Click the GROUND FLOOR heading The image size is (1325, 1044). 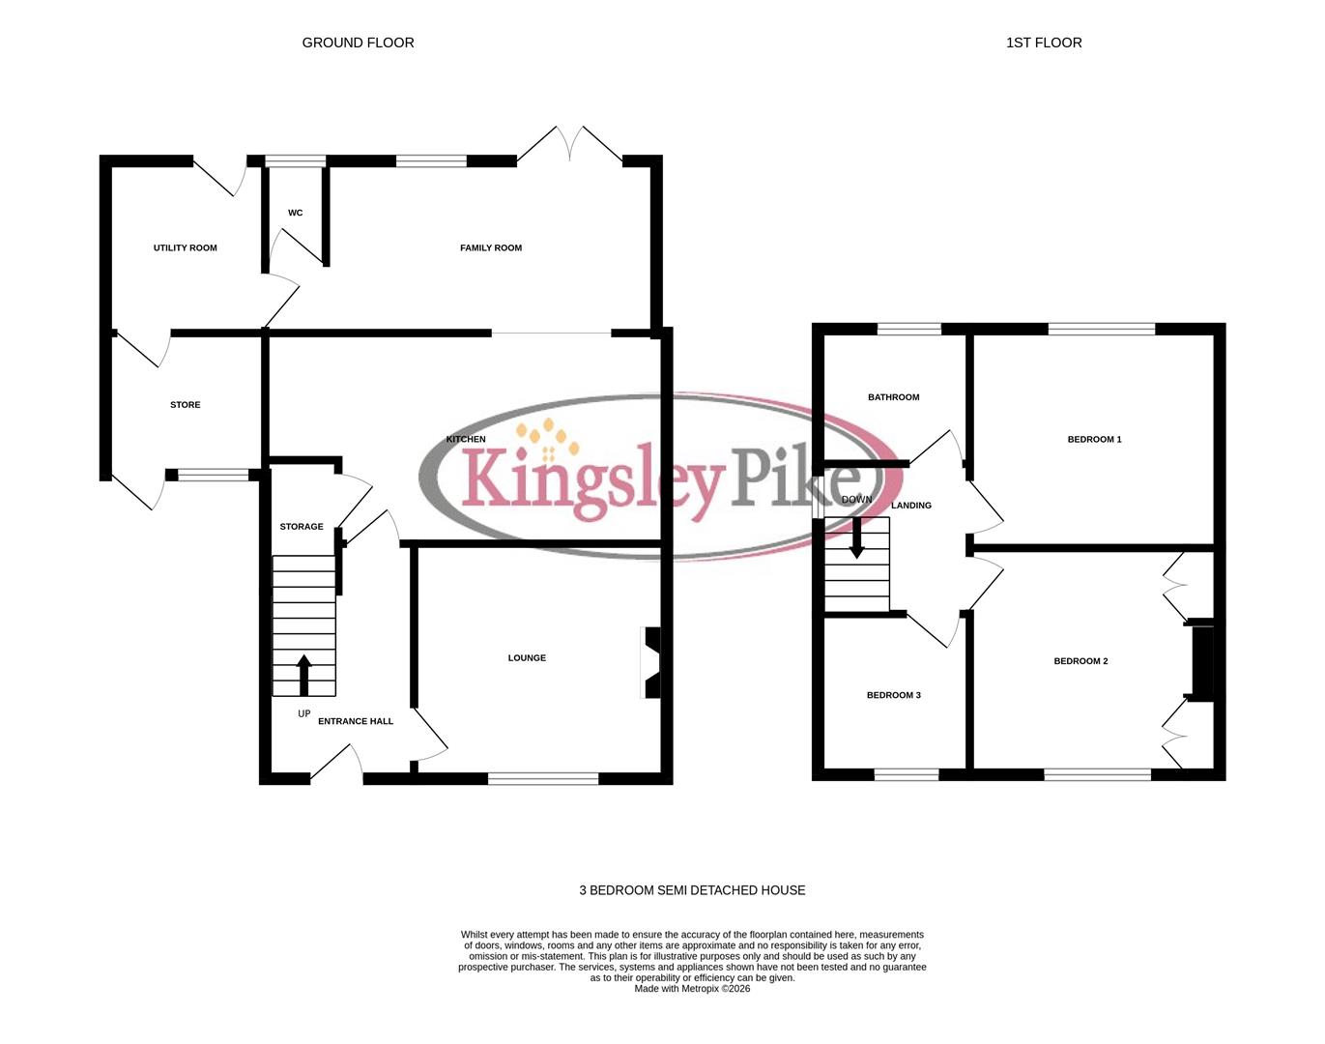[x=358, y=43]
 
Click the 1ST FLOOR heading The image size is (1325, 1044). [x=1044, y=43]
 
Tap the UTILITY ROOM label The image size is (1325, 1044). [x=185, y=248]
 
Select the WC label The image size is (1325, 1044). [x=295, y=213]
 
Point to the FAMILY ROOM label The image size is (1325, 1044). [x=490, y=248]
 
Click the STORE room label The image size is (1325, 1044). [x=185, y=405]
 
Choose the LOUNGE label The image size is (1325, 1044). [x=527, y=658]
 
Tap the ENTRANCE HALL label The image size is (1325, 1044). [x=355, y=721]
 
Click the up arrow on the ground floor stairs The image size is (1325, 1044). [x=303, y=675]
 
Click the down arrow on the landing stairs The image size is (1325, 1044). [x=856, y=538]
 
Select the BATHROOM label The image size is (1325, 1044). [x=893, y=397]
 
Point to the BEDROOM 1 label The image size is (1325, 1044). [x=1094, y=440]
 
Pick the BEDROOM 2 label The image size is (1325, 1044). [x=1080, y=661]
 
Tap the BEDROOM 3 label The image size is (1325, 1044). [x=893, y=695]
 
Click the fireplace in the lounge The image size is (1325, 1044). [x=651, y=663]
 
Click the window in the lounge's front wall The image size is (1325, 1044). [x=543, y=778]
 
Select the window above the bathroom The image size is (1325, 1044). [x=908, y=329]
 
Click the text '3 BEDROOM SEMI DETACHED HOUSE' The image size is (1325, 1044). [x=692, y=890]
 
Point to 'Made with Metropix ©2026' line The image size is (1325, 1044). [x=692, y=989]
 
